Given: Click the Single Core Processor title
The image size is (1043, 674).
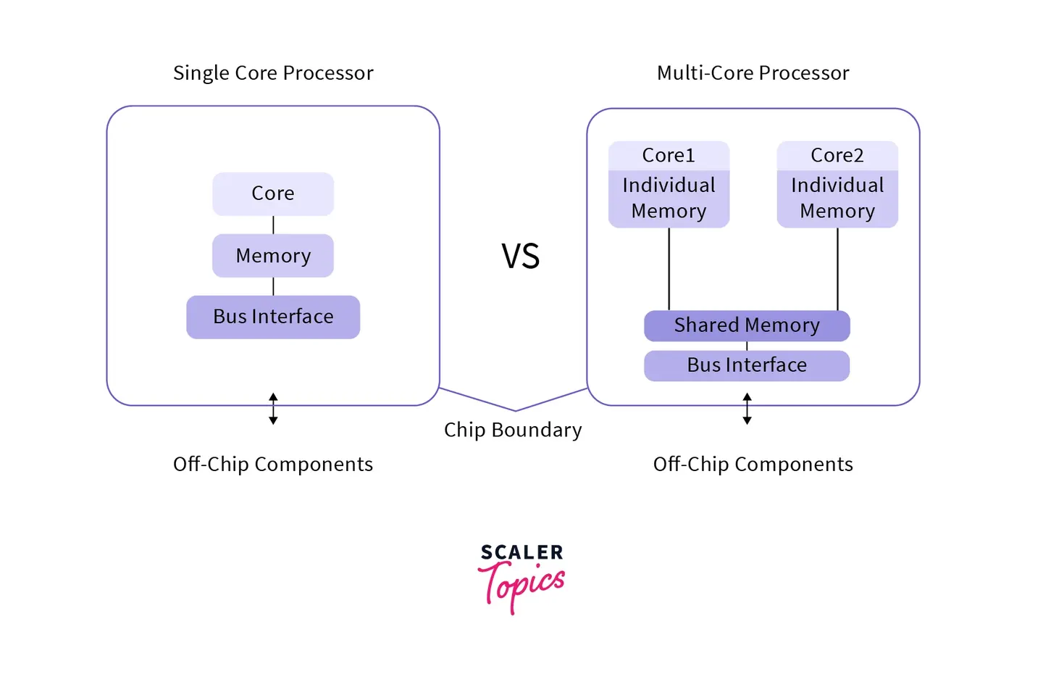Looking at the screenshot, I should pos(273,73).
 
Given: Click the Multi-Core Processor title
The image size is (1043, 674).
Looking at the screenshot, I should pos(753,73).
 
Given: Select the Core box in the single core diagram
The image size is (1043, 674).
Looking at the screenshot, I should pos(273,194).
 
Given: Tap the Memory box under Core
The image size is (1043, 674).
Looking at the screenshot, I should pos(273,256).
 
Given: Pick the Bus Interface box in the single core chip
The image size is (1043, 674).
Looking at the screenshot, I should pos(273,317).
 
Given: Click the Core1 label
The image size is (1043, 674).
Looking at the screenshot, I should pos(669,156).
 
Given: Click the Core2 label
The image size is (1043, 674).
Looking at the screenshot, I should pos(837,156).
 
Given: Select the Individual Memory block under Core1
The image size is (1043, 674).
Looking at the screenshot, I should pos(669,199).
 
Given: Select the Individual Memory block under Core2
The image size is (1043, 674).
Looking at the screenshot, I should pos(837,199).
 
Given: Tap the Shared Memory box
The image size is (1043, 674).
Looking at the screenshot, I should pos(747,325).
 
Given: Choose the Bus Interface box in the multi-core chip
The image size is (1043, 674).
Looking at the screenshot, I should pos(747,365).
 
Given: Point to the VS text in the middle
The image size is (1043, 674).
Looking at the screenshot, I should pos(521,257).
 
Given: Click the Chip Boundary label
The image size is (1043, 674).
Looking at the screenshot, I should pos(513,430).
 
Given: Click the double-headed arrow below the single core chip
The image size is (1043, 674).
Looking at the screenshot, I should pos(273,409).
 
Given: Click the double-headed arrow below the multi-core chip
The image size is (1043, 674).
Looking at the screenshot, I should pos(747,409).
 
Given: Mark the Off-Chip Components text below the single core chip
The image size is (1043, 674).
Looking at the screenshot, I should pos(273,465).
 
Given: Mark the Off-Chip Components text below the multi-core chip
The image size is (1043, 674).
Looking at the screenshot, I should pos(753,465).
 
